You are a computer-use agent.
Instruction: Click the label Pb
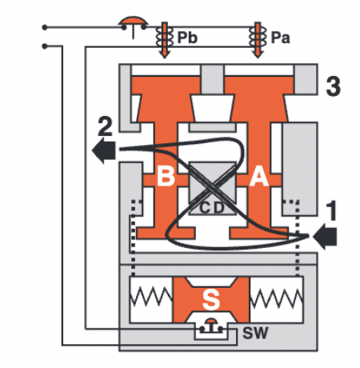pos(188,38)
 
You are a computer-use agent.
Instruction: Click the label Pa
pos(280,38)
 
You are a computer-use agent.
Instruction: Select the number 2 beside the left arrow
pos(104,126)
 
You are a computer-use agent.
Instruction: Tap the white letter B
pos(166,178)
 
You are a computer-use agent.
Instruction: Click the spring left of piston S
pos(152,299)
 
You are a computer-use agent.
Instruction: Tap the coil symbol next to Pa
pos(258,38)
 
